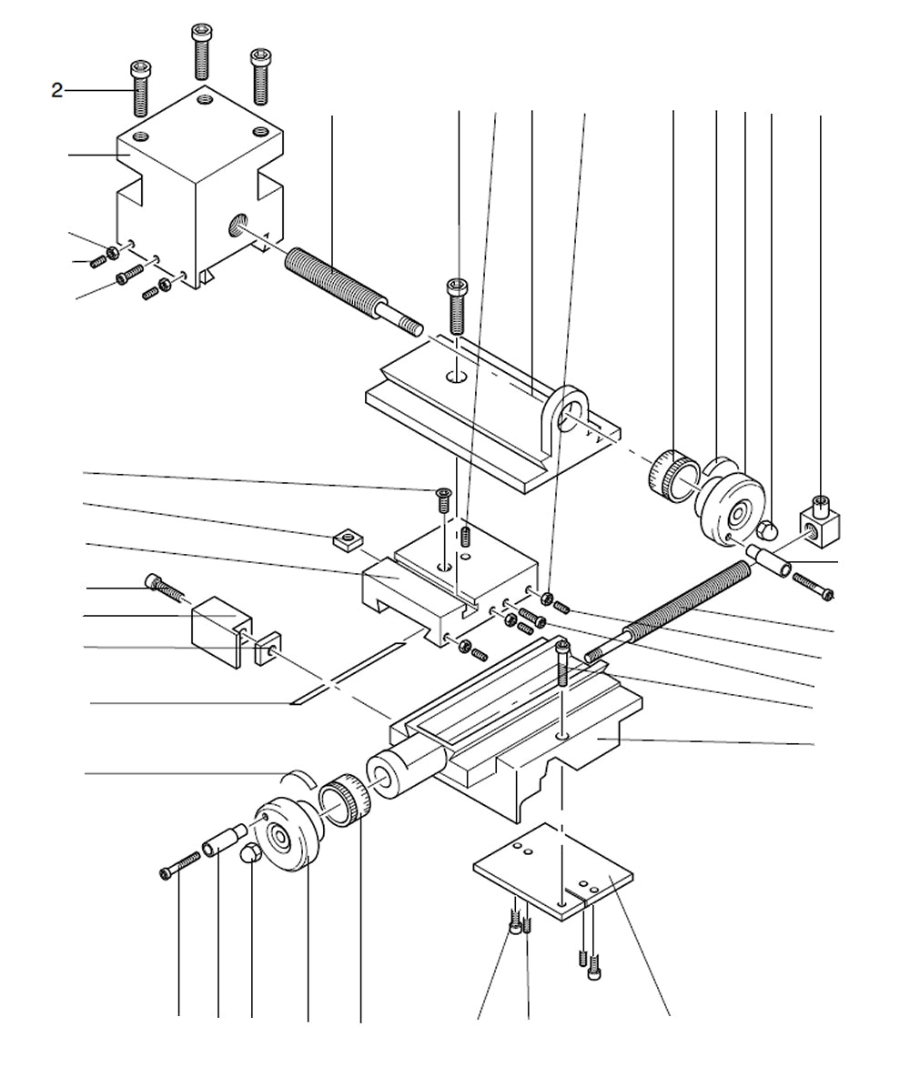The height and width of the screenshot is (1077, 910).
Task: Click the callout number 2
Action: click(x=56, y=90)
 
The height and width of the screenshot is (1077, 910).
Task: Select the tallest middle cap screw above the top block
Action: click(x=201, y=53)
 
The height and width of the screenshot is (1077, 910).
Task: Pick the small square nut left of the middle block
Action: click(x=345, y=539)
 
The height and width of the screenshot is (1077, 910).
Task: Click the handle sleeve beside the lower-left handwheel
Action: click(x=224, y=839)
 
